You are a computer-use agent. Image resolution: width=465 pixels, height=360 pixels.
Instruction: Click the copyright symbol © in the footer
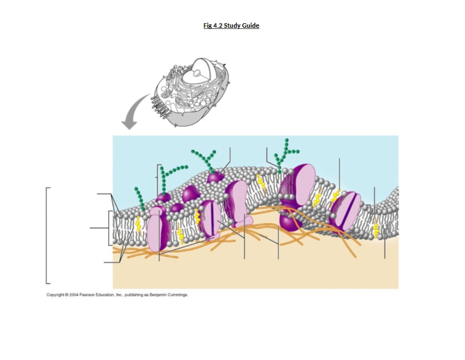(x=67, y=295)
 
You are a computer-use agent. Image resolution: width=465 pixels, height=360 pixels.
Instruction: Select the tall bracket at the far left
(x=47, y=236)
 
